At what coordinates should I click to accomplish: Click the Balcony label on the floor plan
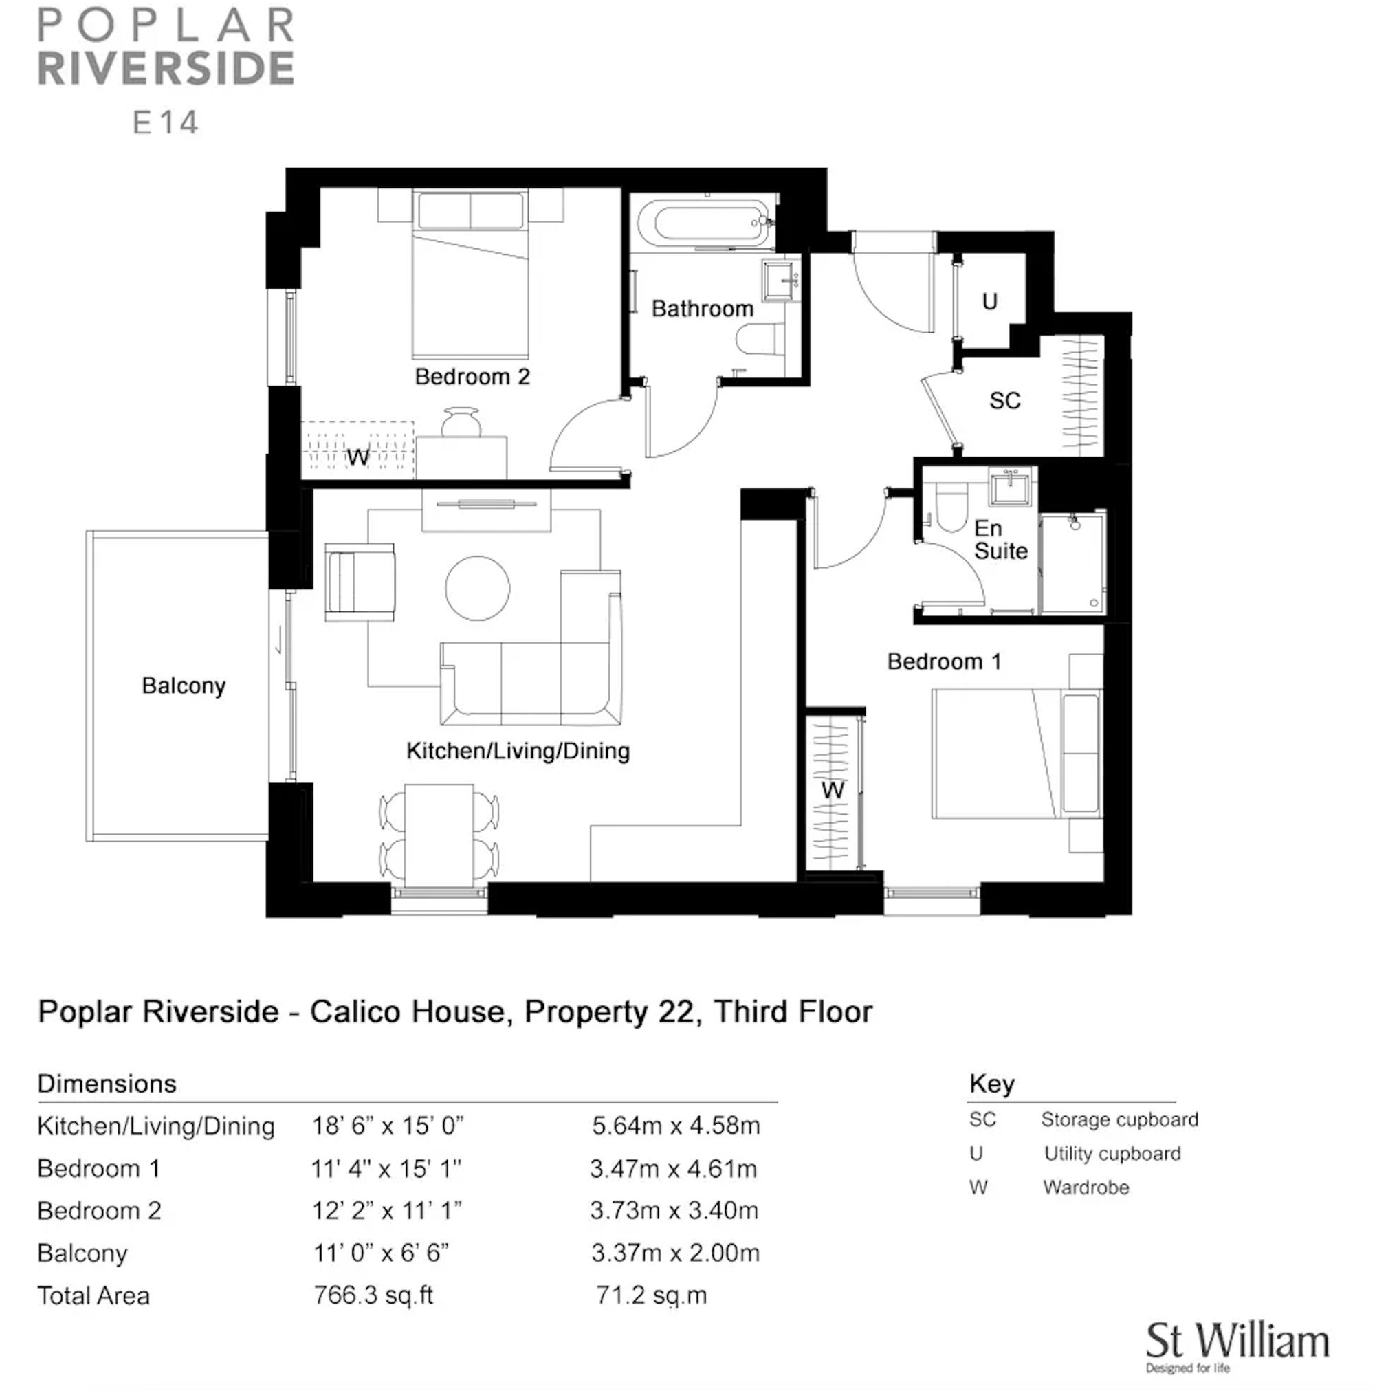[184, 686]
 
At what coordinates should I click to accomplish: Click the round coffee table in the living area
[477, 587]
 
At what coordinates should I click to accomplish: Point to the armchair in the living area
[360, 582]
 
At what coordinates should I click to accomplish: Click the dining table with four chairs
[439, 835]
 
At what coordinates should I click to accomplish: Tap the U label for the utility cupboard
[989, 301]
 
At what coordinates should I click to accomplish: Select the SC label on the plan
[1004, 400]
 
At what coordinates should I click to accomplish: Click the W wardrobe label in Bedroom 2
[357, 457]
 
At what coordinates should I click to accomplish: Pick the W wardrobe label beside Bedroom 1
[832, 790]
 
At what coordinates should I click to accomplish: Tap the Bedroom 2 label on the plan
[472, 377]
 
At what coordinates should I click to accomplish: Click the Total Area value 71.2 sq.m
[651, 1295]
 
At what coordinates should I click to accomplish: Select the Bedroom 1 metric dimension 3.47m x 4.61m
[673, 1168]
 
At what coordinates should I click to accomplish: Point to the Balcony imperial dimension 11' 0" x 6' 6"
[381, 1253]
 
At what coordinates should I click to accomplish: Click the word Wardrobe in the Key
[1086, 1187]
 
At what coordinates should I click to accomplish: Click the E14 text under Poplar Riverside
[166, 122]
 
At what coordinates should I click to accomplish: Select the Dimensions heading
[107, 1084]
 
